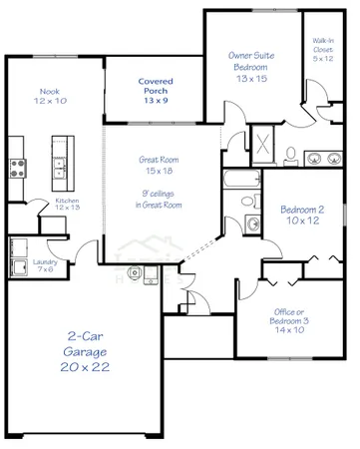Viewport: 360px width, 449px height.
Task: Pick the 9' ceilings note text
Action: click(x=159, y=198)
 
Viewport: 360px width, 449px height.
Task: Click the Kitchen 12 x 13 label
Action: click(x=68, y=206)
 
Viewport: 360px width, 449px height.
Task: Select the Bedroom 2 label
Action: click(x=301, y=213)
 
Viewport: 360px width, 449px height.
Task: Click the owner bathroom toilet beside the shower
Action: click(x=288, y=155)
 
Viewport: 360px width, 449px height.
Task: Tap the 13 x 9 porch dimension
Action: click(x=155, y=102)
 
